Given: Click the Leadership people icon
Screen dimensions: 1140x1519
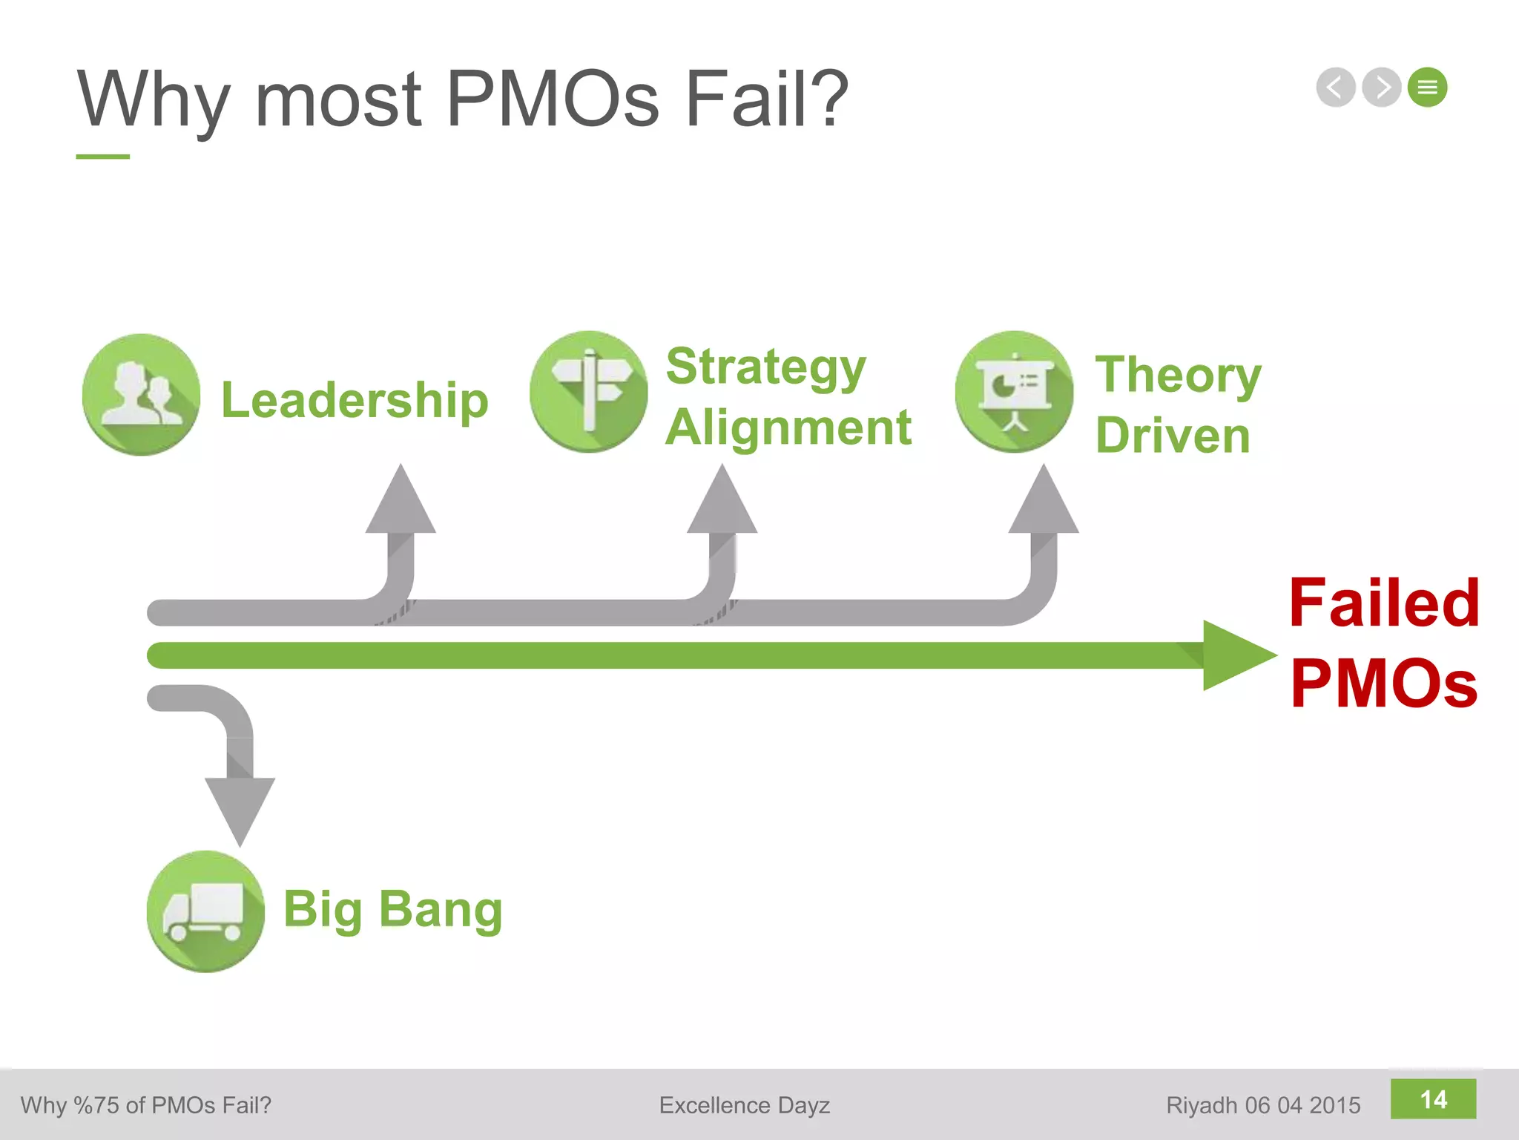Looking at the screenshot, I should pos(141,394).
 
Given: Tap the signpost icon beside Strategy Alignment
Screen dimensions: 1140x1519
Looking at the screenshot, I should pos(589,391).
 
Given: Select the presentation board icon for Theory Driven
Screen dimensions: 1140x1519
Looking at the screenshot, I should pos(1014,391).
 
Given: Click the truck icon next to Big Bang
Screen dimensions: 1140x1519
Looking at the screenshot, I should pos(205,911).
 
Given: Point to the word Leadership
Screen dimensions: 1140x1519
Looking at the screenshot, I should pos(355,401).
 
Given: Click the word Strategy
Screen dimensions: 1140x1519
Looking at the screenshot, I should pos(766,367).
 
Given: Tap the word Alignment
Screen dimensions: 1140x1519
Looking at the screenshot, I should pos(788,428).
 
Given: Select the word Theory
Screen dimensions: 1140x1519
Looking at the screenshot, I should pos(1179,376).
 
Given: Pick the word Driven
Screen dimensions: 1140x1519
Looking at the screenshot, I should pos(1173,436).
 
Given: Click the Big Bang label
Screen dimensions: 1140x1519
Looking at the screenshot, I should pos(393,909).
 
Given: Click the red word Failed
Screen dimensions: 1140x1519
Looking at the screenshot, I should pos(1384,603).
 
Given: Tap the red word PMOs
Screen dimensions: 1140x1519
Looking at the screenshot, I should pos(1384,684).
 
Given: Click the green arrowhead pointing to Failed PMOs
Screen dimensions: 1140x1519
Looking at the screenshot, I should pos(1236,655).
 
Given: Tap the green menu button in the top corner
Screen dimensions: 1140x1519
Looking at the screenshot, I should pos(1428,88).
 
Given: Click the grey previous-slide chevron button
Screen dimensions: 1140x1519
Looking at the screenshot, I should pos(1336,88).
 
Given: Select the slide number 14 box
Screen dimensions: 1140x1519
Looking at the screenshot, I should pos(1433,1099).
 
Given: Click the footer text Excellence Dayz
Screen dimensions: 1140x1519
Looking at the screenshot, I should pos(744,1105).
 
